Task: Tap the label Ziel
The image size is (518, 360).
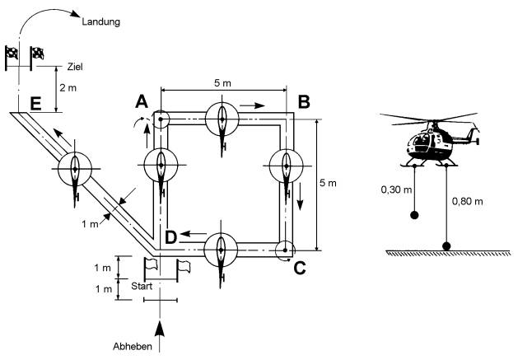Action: tap(77, 67)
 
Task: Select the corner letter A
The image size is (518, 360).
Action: tap(142, 101)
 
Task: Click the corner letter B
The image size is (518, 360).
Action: tap(303, 101)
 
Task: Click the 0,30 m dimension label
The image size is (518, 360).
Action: tap(394, 189)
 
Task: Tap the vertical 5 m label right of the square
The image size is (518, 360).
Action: tap(329, 181)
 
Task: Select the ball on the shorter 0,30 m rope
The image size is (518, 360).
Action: tap(414, 215)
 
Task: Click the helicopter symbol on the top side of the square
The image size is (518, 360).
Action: tap(222, 120)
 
